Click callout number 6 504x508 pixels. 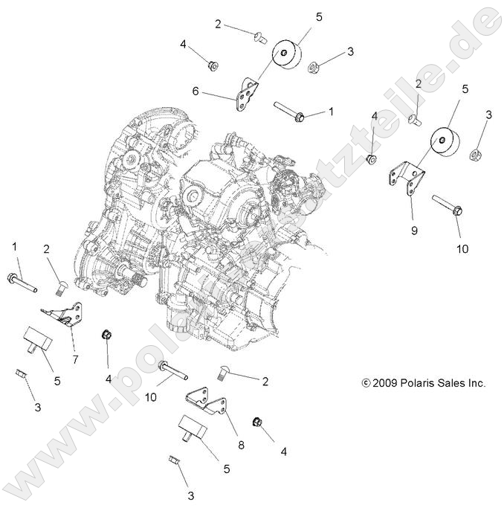coord(196,91)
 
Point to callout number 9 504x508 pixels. coord(414,230)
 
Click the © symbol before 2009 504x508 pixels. coord(365,384)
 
